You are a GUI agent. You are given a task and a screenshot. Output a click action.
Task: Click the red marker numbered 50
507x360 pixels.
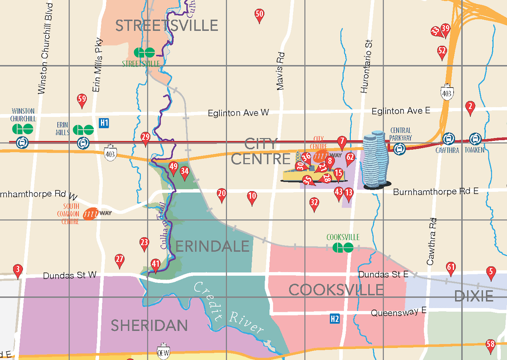(259, 15)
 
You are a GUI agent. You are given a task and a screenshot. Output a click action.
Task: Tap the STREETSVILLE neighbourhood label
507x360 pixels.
(167, 26)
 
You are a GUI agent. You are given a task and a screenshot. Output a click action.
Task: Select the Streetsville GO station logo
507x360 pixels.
(144, 53)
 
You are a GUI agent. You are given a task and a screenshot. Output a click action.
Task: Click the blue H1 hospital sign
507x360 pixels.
(104, 123)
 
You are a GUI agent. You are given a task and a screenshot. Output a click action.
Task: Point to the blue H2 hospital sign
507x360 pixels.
(335, 319)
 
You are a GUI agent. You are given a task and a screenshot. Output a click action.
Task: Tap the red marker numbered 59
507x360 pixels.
(82, 100)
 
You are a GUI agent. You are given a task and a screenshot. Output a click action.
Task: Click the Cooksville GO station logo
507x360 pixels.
(343, 248)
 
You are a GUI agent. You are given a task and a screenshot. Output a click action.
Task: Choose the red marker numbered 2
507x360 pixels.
(470, 107)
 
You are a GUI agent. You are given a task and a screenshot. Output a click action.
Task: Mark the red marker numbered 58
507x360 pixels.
(490, 345)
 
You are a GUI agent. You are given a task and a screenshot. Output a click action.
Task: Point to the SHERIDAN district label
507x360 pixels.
(149, 325)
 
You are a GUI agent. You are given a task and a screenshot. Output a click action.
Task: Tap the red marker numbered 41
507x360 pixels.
(155, 265)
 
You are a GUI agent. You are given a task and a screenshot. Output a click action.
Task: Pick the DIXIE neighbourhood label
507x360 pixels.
(474, 296)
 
